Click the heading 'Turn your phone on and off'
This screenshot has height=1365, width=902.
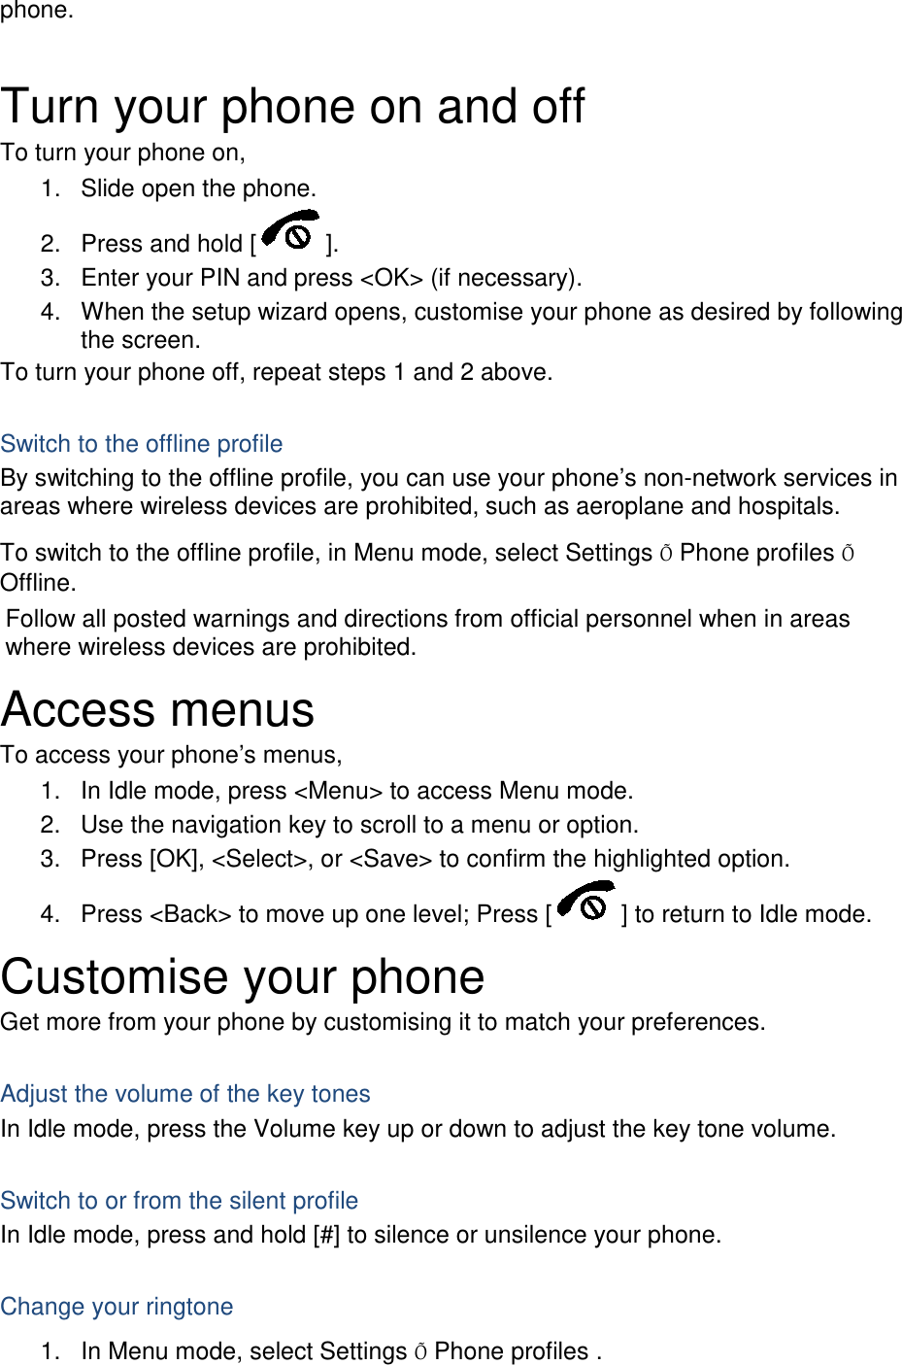(x=292, y=107)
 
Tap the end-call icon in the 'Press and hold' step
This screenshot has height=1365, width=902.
(x=290, y=232)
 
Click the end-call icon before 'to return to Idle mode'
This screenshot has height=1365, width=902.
(x=586, y=904)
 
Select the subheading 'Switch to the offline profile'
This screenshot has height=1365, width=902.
(x=142, y=444)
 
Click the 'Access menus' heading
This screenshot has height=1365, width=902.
(x=158, y=710)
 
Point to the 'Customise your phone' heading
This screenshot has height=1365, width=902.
(x=243, y=977)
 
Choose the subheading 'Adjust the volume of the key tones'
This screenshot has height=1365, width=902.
(x=185, y=1094)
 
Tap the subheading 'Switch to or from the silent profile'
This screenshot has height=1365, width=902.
(x=180, y=1201)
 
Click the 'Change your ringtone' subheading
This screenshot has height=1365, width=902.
(x=117, y=1307)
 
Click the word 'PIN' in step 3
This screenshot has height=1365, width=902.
(x=220, y=278)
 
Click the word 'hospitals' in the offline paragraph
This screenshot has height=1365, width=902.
(x=787, y=506)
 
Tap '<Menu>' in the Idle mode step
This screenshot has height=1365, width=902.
(x=338, y=791)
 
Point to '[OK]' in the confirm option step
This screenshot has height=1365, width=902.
(x=176, y=859)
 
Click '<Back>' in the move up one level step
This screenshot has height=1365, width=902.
(x=190, y=914)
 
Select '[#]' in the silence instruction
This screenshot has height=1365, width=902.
(x=326, y=1235)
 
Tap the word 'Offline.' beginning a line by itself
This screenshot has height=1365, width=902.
(x=39, y=583)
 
